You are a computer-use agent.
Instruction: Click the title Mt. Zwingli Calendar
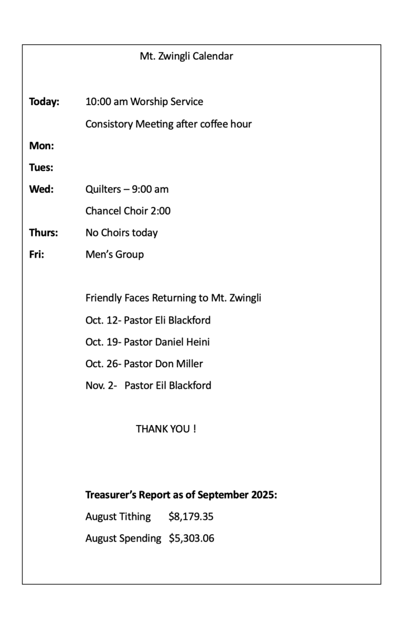pyautogui.click(x=186, y=56)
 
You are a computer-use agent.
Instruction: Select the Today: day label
pyautogui.click(x=44, y=102)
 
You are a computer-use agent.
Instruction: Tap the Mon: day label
pyautogui.click(x=41, y=146)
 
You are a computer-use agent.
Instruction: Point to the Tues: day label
pyautogui.click(x=41, y=168)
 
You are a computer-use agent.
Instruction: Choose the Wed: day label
pyautogui.click(x=41, y=189)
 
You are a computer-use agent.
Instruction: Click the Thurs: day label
pyautogui.click(x=44, y=233)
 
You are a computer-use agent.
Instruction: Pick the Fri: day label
pyautogui.click(x=37, y=255)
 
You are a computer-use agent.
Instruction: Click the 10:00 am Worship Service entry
pyautogui.click(x=144, y=102)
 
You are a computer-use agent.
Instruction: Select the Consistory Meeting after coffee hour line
pyautogui.click(x=168, y=124)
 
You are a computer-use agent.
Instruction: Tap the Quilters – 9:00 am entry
pyautogui.click(x=127, y=189)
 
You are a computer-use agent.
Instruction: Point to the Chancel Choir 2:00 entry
pyautogui.click(x=128, y=211)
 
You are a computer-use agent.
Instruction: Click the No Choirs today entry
pyautogui.click(x=122, y=233)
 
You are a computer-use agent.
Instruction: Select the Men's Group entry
pyautogui.click(x=114, y=255)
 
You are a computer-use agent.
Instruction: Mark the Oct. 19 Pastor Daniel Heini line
pyautogui.click(x=147, y=342)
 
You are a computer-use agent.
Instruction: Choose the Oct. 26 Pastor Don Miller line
pyautogui.click(x=144, y=364)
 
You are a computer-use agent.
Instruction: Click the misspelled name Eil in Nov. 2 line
pyautogui.click(x=162, y=386)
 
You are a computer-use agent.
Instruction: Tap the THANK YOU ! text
pyautogui.click(x=166, y=429)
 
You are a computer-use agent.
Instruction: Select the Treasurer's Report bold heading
pyautogui.click(x=181, y=495)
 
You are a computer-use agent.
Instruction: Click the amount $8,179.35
pyautogui.click(x=191, y=517)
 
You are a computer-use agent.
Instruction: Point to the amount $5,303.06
pyautogui.click(x=192, y=538)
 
